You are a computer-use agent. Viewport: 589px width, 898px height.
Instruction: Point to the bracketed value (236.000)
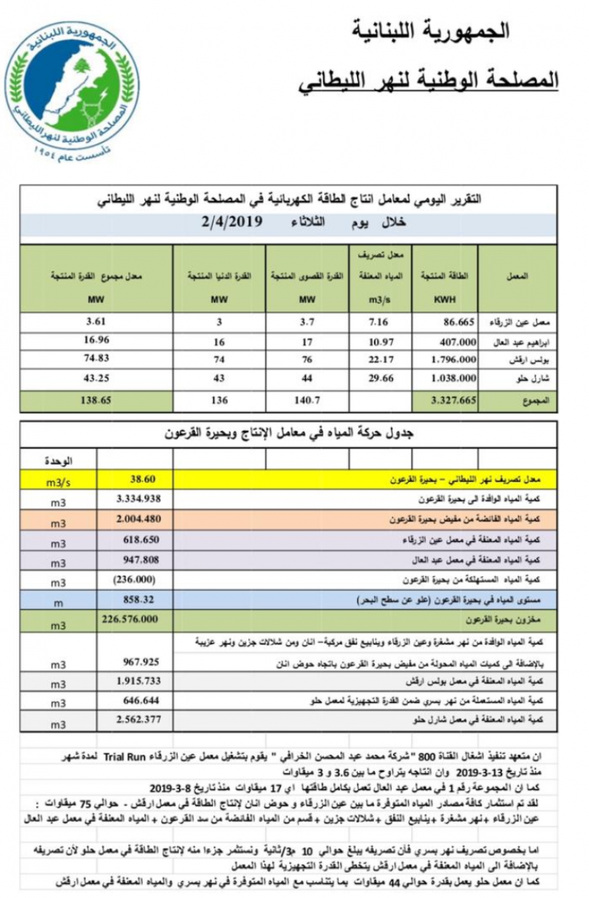click(138, 579)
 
